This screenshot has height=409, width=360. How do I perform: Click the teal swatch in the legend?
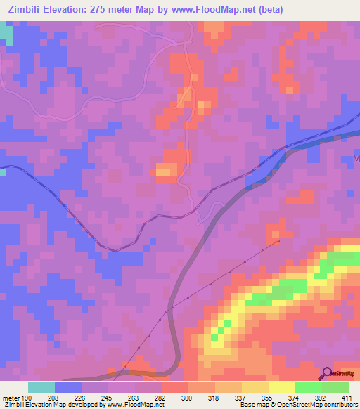tap(41, 387)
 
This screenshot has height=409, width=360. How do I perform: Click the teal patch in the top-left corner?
tap(6, 34)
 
